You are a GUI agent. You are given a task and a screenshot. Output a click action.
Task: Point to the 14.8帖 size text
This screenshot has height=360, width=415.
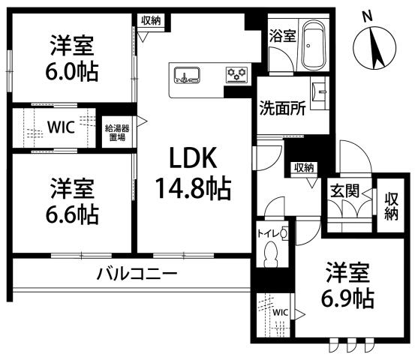(192, 185)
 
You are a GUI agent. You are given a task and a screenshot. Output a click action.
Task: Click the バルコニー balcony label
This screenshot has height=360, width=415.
(137, 274)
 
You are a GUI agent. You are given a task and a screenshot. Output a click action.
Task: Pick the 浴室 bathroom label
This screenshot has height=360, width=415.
(283, 34)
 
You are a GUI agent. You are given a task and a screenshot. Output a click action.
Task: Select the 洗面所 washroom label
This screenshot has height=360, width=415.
(283, 107)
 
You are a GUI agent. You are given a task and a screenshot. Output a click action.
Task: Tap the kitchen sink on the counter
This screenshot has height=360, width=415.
(187, 75)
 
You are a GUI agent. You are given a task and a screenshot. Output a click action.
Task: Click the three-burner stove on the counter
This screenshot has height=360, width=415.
(237, 73)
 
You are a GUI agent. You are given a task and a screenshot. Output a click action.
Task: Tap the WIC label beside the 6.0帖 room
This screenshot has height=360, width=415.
(59, 127)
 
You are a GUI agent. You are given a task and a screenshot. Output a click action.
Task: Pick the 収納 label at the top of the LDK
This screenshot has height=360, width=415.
(150, 20)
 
